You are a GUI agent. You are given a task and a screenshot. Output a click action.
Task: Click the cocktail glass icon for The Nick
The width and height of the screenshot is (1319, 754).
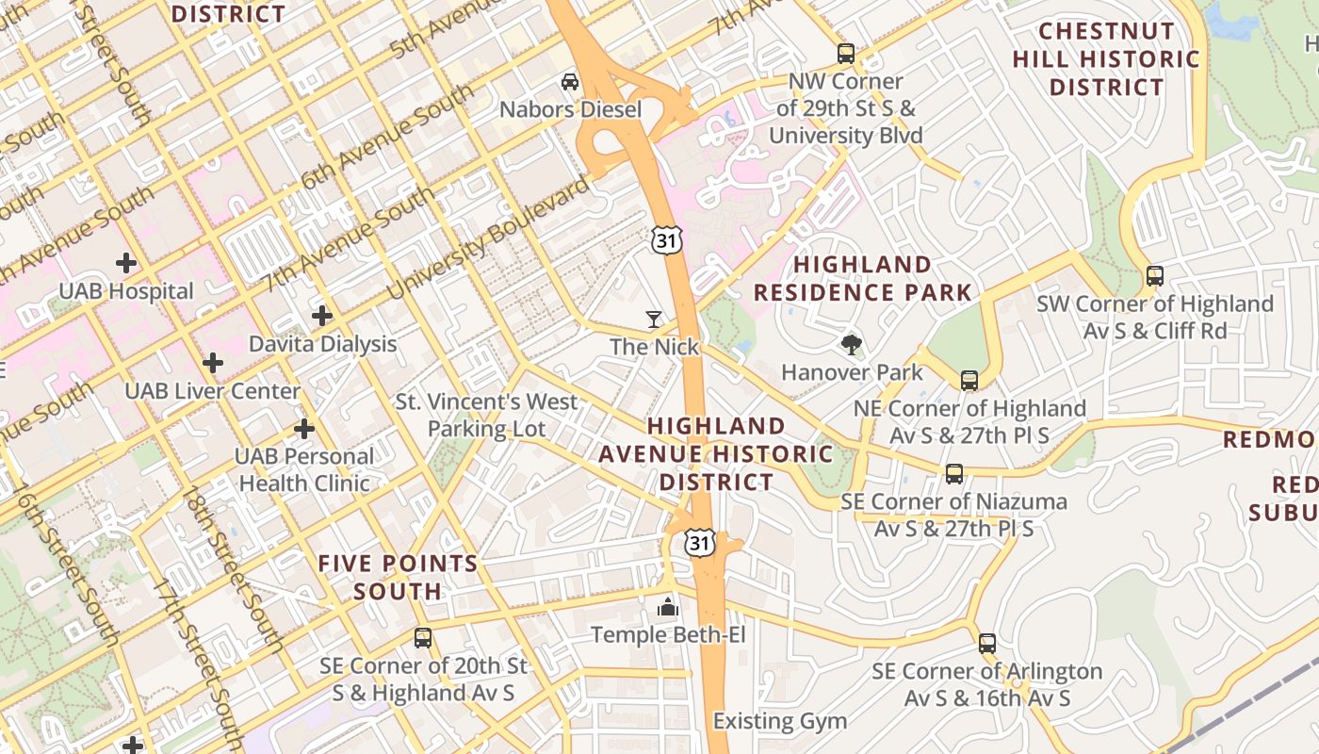tap(654, 320)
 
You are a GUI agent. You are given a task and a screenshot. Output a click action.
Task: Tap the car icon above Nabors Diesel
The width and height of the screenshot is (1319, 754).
tap(570, 82)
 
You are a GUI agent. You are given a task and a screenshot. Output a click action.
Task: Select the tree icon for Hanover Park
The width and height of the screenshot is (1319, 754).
tap(852, 344)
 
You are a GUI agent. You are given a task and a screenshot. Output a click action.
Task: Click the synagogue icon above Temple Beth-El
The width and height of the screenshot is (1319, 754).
tap(668, 607)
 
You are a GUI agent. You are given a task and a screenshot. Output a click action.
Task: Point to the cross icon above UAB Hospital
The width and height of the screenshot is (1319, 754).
tap(125, 263)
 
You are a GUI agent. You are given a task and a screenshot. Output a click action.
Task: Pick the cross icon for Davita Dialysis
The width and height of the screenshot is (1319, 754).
tap(322, 316)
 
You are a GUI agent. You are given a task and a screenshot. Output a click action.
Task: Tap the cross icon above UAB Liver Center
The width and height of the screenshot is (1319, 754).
tap(213, 362)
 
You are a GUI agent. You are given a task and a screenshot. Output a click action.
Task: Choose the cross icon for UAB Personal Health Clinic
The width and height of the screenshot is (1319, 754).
tap(303, 429)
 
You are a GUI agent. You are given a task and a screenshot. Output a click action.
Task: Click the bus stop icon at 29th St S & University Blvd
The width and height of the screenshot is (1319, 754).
tap(846, 54)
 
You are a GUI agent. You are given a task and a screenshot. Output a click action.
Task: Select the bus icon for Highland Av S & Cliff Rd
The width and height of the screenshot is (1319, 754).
tap(1155, 276)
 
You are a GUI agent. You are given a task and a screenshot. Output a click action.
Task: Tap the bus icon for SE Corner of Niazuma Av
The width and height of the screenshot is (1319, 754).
tap(954, 473)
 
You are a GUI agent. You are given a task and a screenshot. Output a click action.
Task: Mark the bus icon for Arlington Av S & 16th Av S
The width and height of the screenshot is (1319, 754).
tap(986, 644)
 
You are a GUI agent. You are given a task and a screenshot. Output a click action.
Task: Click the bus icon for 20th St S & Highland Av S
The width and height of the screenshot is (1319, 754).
tap(423, 638)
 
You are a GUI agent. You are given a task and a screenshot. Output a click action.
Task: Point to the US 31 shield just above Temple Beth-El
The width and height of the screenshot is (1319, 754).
tap(699, 543)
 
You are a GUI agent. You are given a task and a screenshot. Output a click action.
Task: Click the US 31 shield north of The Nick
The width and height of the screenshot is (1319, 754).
tap(665, 240)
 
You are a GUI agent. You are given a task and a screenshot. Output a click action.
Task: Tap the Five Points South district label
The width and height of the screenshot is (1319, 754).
tap(398, 578)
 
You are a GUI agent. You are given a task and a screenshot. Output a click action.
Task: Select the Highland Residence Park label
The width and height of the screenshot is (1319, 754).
tap(862, 278)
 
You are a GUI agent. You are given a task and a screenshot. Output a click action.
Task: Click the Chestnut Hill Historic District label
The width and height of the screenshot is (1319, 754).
tap(1106, 59)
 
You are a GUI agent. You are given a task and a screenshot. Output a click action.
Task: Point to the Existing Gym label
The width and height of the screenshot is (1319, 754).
tap(779, 722)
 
